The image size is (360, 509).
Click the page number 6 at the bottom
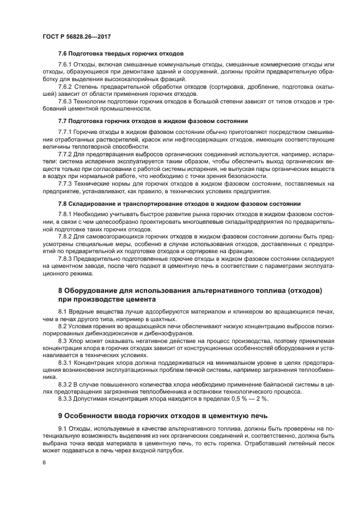pyautogui.click(x=44, y=462)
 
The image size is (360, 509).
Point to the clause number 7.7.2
pyautogui.click(x=66, y=154)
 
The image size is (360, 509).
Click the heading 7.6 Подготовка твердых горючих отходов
pyautogui.click(x=120, y=53)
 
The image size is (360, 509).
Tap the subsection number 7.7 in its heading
pyautogui.click(x=62, y=120)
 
